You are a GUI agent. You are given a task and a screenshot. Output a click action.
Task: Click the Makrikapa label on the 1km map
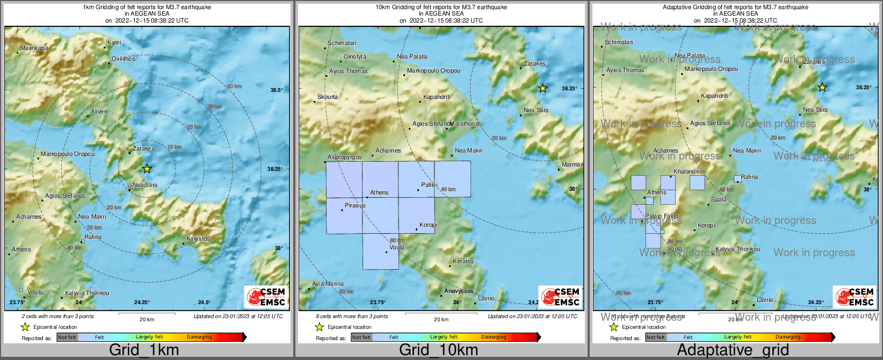34,48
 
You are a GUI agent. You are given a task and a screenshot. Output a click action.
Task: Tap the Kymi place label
114,42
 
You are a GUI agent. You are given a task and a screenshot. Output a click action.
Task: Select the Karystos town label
198,239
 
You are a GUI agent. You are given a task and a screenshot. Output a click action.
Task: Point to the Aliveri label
99,111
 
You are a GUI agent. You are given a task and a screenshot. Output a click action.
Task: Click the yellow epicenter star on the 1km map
147,169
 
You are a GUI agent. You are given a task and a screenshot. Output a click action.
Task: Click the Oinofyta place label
355,56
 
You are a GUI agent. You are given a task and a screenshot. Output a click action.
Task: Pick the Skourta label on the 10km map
328,97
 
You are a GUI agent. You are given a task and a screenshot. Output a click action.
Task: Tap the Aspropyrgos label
345,157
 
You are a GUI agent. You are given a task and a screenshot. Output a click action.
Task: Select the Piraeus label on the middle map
355,206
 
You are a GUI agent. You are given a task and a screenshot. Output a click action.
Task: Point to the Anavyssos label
459,291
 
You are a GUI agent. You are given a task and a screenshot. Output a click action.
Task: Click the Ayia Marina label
328,284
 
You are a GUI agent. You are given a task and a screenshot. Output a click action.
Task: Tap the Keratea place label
464,262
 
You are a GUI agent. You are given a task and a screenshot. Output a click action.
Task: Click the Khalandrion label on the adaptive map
690,171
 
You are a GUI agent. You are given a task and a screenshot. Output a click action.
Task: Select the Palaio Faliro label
662,217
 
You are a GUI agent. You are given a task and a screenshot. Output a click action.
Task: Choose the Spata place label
719,199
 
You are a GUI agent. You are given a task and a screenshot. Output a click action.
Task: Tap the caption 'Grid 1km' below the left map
144,350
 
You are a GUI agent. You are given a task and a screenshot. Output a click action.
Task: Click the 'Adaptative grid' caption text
733,350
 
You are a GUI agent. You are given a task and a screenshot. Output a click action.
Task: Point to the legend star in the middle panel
319,327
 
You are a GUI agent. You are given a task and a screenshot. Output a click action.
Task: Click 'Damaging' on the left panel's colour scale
199,337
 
